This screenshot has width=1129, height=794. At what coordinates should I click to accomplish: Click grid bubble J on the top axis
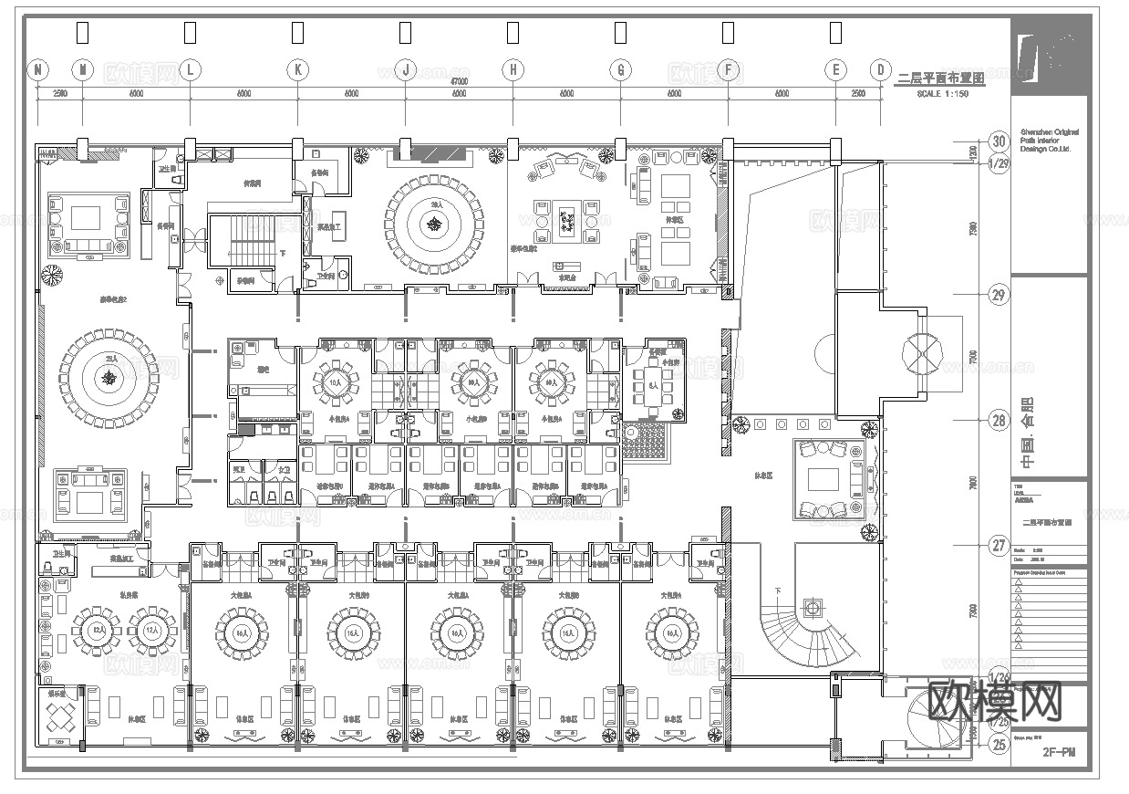[x=405, y=69]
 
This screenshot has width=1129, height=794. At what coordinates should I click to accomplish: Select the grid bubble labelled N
[x=37, y=69]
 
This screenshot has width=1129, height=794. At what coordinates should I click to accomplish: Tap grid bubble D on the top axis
[x=880, y=69]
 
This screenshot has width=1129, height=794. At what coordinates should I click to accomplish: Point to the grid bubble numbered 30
[x=1000, y=141]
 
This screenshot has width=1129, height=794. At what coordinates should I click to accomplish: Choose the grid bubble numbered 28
[x=1000, y=419]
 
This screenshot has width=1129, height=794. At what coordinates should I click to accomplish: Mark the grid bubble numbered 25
[x=1000, y=745]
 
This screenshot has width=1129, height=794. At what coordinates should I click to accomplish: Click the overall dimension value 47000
[x=459, y=82]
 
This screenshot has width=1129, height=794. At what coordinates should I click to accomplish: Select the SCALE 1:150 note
[x=942, y=95]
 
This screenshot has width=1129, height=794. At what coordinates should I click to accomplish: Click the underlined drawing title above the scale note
[x=941, y=79]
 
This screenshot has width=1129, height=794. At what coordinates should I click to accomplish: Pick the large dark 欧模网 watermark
[x=996, y=701]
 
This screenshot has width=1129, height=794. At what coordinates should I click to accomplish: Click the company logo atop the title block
[x=1049, y=57]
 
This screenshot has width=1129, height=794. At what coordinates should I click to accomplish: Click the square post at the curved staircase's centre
[x=810, y=606]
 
